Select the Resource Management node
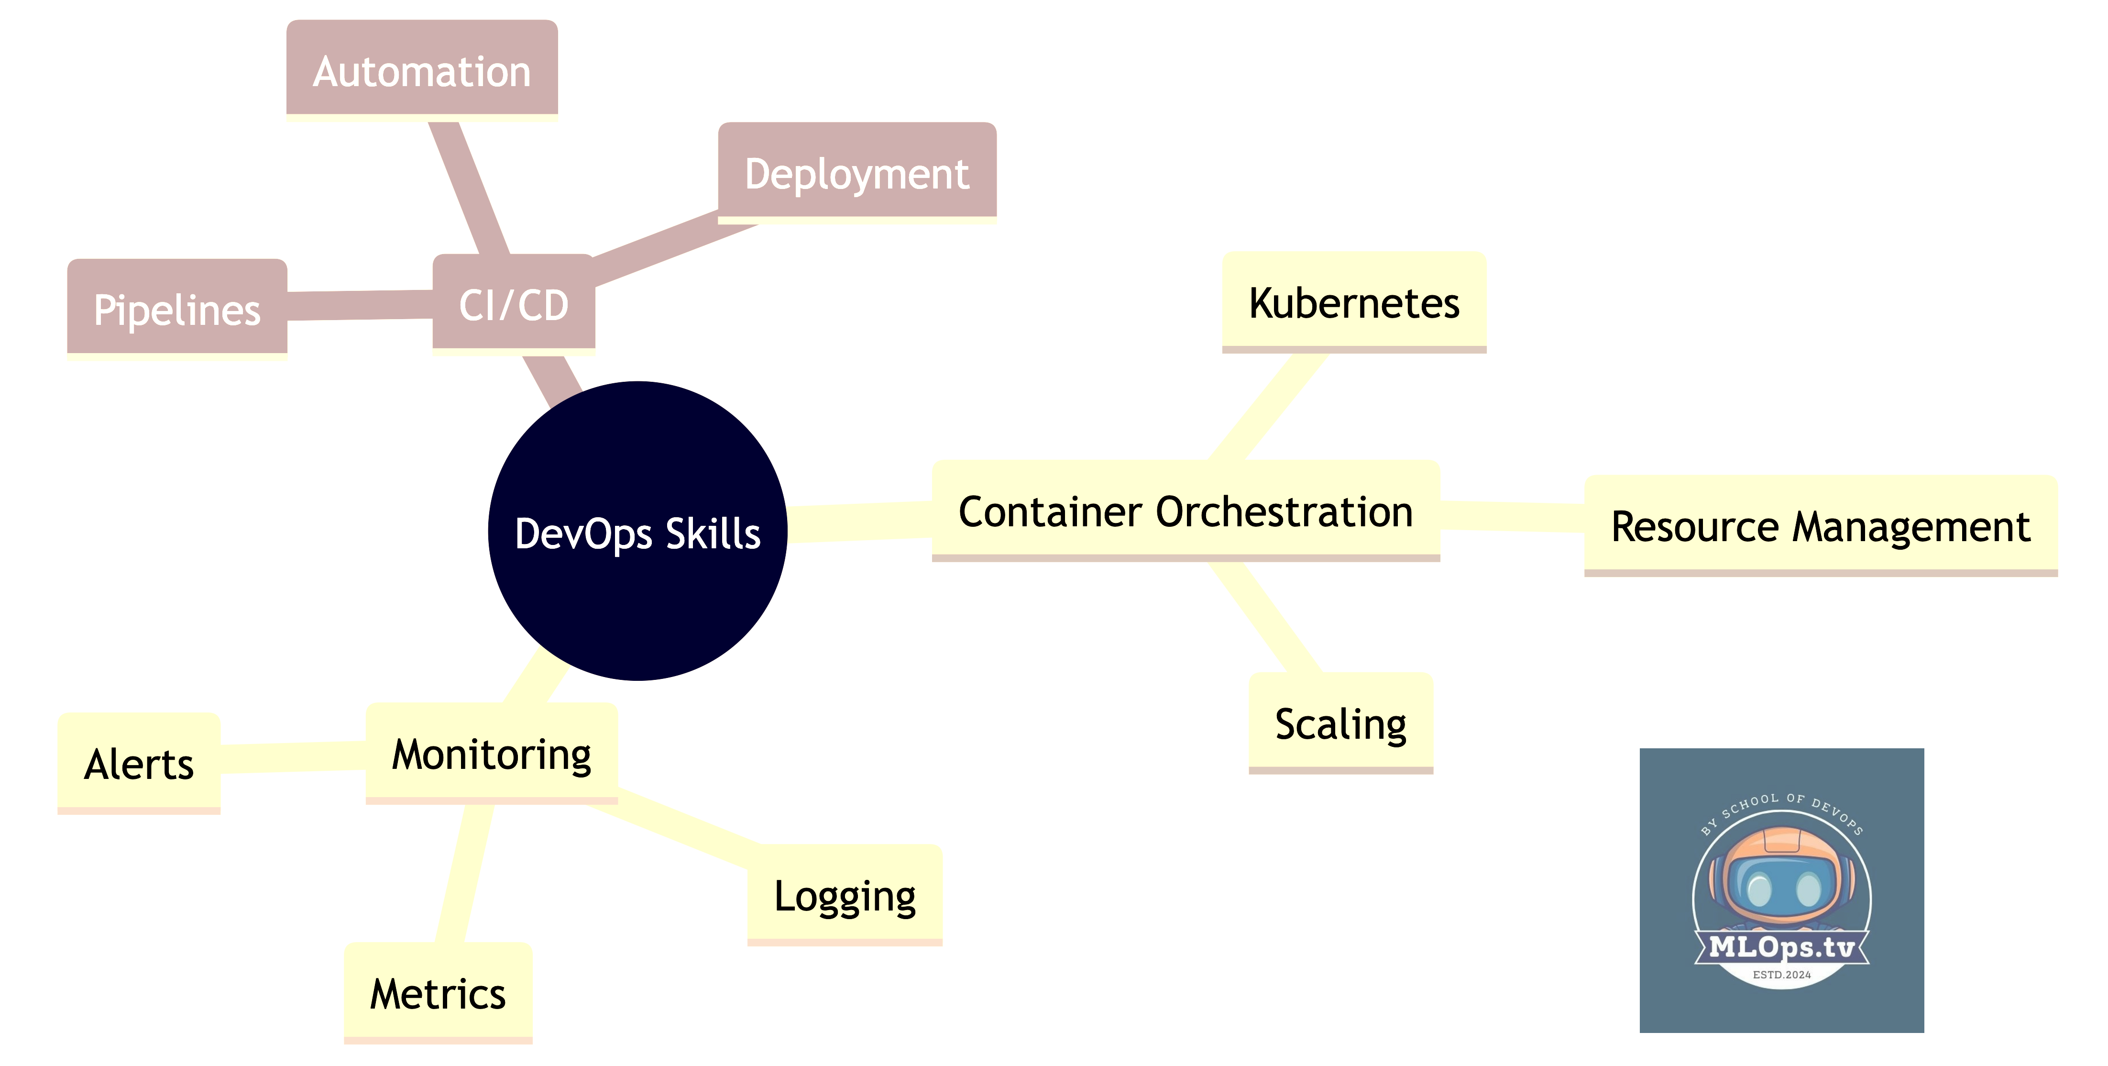pos(1820,526)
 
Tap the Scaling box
pos(1340,723)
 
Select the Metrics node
pos(437,993)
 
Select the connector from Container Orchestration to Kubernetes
pos(1268,405)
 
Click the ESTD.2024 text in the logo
pos(1781,974)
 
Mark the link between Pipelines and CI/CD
pos(360,305)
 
